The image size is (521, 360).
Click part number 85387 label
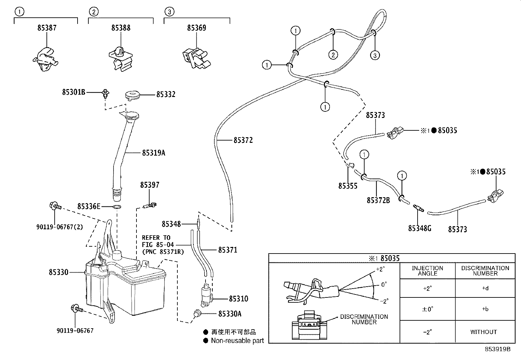47,28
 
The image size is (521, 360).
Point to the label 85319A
153,153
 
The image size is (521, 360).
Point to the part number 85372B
378,200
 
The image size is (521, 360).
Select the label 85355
348,186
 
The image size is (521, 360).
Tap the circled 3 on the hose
375,55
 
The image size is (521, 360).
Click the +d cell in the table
485,289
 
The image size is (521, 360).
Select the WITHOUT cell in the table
483,332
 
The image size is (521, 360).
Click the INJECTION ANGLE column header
427,271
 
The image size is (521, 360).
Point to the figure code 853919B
497,349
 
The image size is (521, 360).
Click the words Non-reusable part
237,341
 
